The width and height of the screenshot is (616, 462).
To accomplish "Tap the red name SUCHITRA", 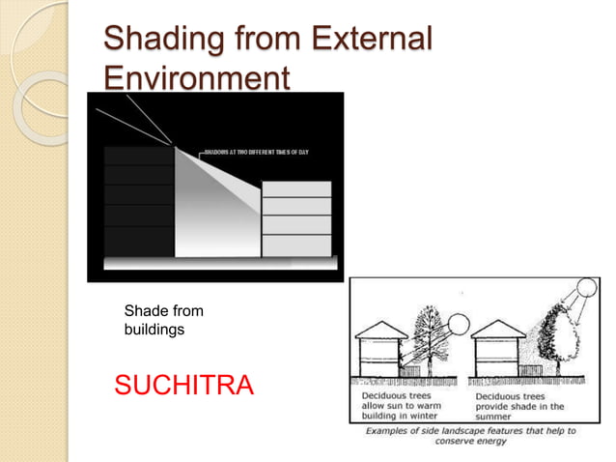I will coord(184,387).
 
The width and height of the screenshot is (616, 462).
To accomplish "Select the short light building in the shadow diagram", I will coord(296,219).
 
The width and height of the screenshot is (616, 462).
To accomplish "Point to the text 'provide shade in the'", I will coord(519,407).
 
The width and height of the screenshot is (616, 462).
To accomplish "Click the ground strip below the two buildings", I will coord(220,263).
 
